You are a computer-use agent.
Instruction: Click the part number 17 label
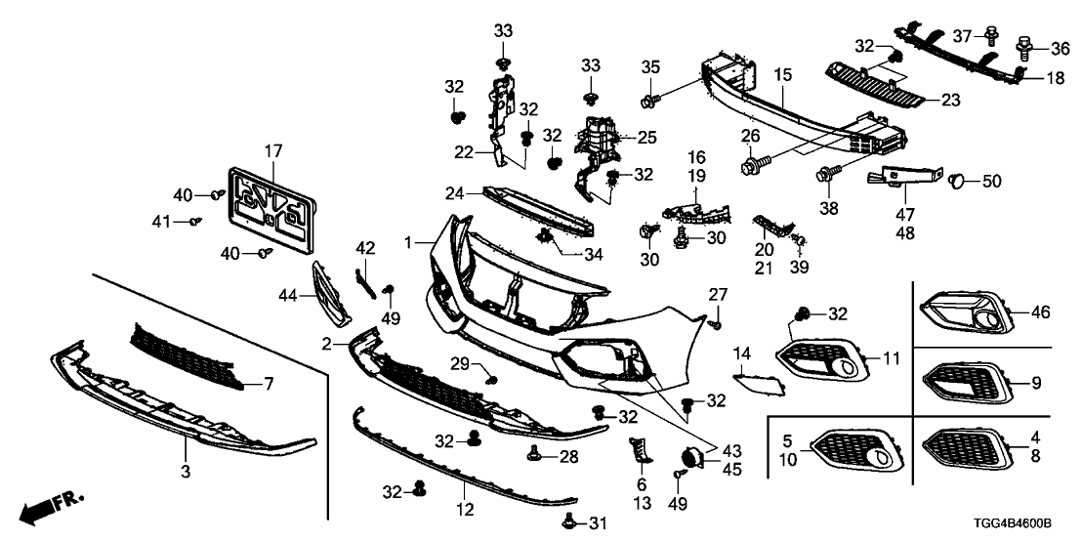coord(272,151)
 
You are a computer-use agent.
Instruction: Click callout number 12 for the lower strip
coord(465,508)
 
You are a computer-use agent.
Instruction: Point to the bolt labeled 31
coord(574,522)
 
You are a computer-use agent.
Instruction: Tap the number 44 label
coord(289,293)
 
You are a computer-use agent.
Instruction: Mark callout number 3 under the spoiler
coord(186,473)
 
